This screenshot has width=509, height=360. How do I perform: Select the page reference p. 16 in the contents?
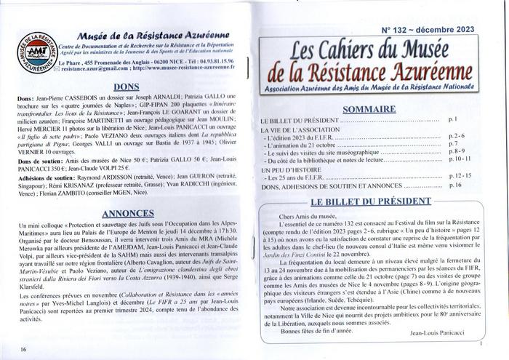coord(454,186)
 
